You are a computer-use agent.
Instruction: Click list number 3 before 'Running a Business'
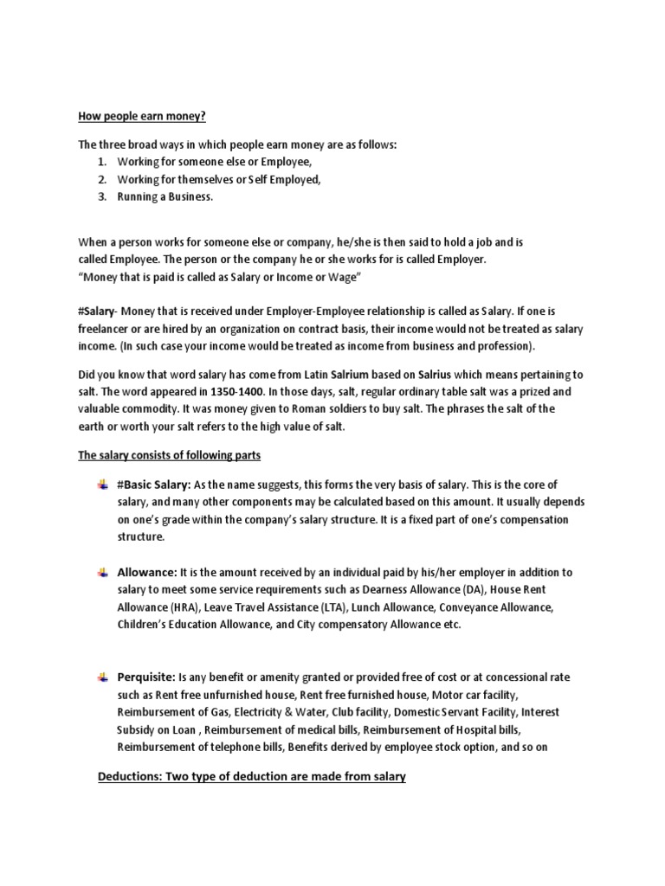tap(101, 196)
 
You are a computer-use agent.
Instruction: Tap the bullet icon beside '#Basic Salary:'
tap(103, 484)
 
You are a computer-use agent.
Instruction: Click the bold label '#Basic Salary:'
tap(154, 485)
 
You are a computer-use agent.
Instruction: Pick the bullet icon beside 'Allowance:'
tap(103, 571)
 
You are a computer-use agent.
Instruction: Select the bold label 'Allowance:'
tap(146, 573)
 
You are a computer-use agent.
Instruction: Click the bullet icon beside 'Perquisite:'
tap(103, 676)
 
